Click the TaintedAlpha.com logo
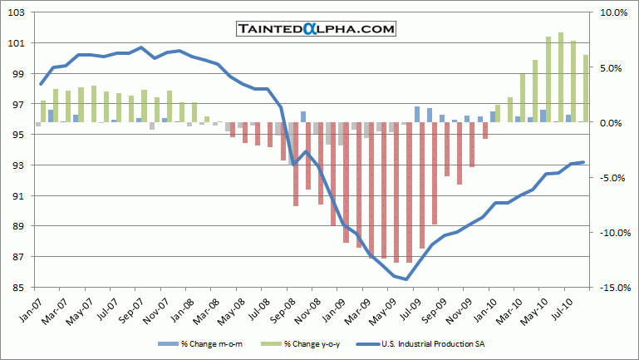click(315, 29)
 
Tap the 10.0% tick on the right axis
click(613, 12)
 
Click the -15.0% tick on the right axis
click(612, 288)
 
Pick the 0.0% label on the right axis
click(613, 123)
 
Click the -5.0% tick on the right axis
click(613, 178)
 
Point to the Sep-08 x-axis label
click(283, 312)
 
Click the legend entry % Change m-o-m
click(207, 344)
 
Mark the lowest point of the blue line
click(407, 279)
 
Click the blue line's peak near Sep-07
click(141, 47)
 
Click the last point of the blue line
click(583, 162)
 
